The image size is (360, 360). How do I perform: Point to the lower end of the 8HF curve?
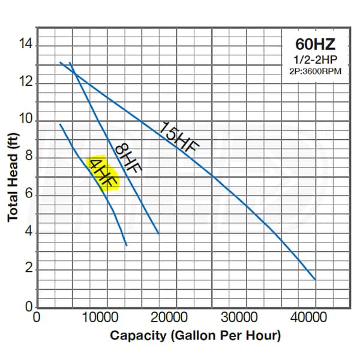coord(158,233)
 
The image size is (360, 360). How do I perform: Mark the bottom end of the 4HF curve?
coord(127,245)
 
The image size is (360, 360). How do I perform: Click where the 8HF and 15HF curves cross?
coord(74,73)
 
